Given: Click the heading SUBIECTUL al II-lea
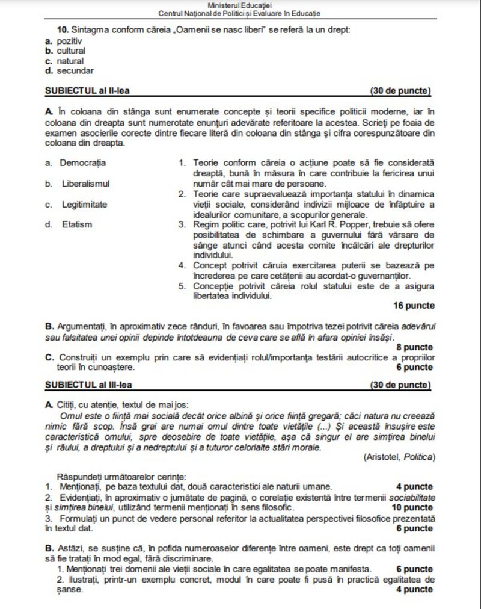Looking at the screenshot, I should point(88,91).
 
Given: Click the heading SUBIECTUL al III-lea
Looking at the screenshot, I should point(90,383).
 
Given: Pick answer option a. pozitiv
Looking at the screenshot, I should point(64,40).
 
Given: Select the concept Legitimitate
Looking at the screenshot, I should point(85,204).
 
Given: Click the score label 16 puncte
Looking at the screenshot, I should point(414,306).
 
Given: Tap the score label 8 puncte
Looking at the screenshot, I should point(415,347).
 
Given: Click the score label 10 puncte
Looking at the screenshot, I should point(412,507).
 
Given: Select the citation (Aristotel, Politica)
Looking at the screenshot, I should point(399,457).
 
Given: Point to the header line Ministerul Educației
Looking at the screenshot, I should point(239,5).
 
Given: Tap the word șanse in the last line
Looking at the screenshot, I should point(58,589).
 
